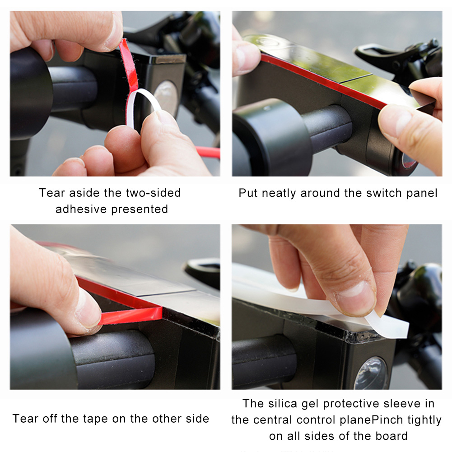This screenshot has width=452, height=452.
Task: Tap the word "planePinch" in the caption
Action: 368,420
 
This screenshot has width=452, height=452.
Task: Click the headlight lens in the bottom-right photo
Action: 371,373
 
